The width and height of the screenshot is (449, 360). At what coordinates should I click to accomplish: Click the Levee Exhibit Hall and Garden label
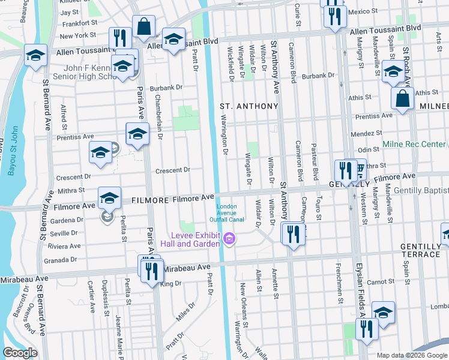coord(196,239)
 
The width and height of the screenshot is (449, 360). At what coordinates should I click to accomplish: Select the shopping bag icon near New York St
coord(144,27)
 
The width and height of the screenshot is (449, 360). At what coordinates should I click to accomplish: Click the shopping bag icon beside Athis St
coord(402,99)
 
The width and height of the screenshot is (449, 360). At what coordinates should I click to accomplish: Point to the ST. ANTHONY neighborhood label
coord(249,106)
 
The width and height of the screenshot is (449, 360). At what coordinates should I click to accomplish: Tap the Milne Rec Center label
coord(414,145)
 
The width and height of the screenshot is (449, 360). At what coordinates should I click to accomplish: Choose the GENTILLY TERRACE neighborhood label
coord(420,251)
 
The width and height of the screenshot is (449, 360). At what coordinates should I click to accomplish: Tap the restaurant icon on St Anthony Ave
coord(293,233)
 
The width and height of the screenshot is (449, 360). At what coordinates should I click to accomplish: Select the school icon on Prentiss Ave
coord(137,134)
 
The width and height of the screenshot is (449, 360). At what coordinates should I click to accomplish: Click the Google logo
coord(20,353)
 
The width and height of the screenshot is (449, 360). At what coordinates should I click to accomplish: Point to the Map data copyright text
coord(412,355)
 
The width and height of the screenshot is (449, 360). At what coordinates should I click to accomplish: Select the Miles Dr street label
coord(187,312)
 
